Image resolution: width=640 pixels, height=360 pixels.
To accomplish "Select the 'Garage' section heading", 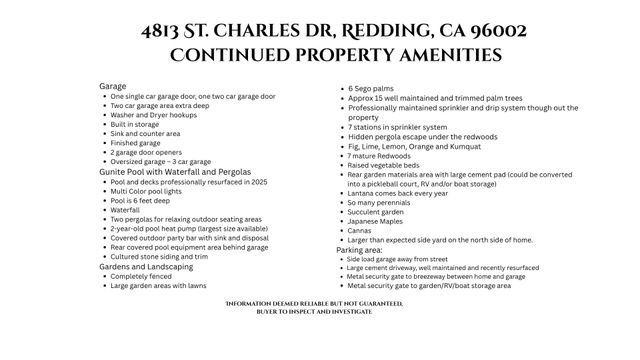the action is pyautogui.click(x=113, y=86).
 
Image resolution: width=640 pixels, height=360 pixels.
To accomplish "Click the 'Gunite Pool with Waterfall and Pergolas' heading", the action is pyautogui.click(x=175, y=172).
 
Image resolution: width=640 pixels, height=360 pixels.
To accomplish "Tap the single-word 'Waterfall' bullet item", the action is pyautogui.click(x=125, y=210).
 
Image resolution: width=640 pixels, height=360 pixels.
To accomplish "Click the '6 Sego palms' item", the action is pyautogui.click(x=370, y=89).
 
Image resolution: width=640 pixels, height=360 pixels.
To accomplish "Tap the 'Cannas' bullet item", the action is pyautogui.click(x=360, y=230).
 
